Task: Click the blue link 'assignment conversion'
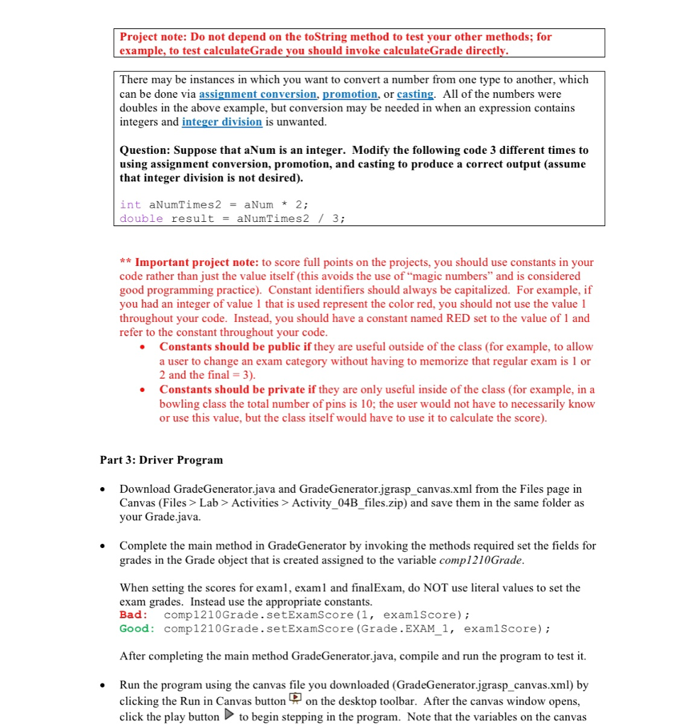tap(258, 94)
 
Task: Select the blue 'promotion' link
tap(350, 94)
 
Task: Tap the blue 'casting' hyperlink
tap(414, 94)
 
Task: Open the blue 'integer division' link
tap(221, 122)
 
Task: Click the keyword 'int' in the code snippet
tap(131, 204)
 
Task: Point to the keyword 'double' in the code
tap(141, 218)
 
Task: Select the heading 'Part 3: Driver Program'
tap(161, 460)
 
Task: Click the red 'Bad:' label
tap(134, 615)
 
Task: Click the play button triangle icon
tap(228, 715)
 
